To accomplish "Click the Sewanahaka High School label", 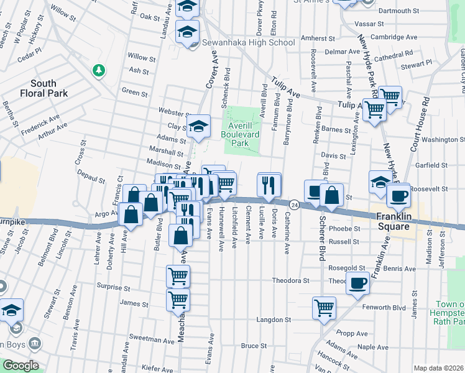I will click(x=249, y=43).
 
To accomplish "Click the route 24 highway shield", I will click(x=294, y=205).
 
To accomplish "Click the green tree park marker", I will click(x=98, y=70).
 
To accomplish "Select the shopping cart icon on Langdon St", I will click(x=325, y=307).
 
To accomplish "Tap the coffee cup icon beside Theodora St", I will click(x=357, y=284).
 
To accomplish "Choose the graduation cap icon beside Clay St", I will click(x=198, y=126).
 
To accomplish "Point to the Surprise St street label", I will click(x=113, y=288).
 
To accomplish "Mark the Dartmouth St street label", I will click(x=398, y=11).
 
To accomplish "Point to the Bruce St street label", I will click(x=254, y=345).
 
